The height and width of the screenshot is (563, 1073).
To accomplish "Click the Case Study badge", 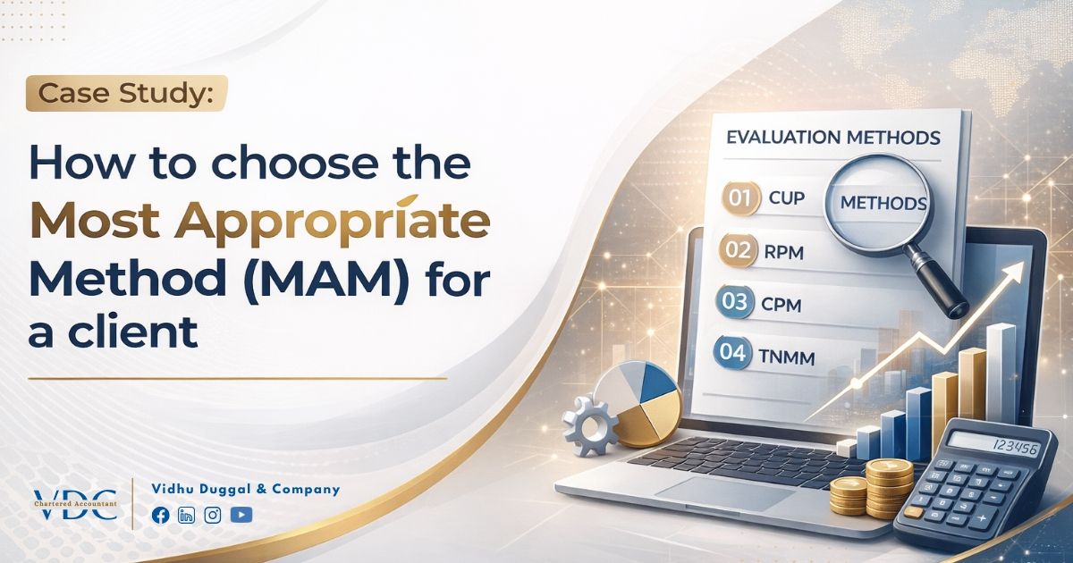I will (x=126, y=94).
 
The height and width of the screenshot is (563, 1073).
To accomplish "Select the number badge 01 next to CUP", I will (x=739, y=197).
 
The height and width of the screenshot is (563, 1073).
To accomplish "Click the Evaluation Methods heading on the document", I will (x=832, y=138).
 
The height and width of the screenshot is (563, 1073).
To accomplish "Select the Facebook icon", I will (x=161, y=515).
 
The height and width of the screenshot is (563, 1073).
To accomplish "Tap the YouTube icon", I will (x=241, y=515).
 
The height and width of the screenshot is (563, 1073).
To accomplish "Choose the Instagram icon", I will (x=213, y=515).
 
